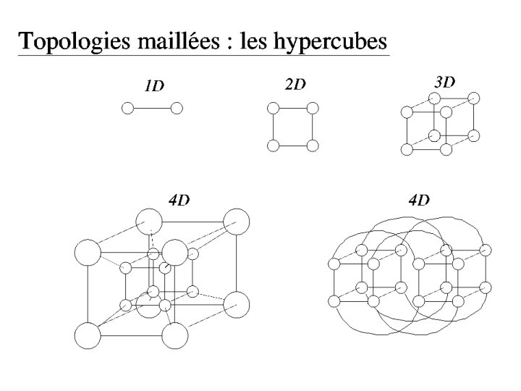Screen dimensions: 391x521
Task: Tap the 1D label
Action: tap(154, 86)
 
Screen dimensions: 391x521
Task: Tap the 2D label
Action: tap(295, 85)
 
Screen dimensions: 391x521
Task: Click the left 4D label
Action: tap(179, 201)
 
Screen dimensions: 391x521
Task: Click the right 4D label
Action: tap(419, 201)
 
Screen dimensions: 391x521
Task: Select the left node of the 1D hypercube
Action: tap(127, 109)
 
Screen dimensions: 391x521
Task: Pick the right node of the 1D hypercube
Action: tap(177, 109)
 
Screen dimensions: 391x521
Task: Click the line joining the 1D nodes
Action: tap(152, 109)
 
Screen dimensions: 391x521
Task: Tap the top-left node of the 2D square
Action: tap(273, 109)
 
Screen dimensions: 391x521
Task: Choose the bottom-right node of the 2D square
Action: tap(313, 146)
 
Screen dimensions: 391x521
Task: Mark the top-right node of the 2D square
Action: tap(313, 109)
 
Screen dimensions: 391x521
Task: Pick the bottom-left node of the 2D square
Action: tap(273, 146)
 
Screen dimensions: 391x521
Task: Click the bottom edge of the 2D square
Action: tap(292, 146)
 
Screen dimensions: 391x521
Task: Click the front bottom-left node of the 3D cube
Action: tap(407, 149)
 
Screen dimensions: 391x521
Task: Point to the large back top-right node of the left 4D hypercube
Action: tap(236, 221)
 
